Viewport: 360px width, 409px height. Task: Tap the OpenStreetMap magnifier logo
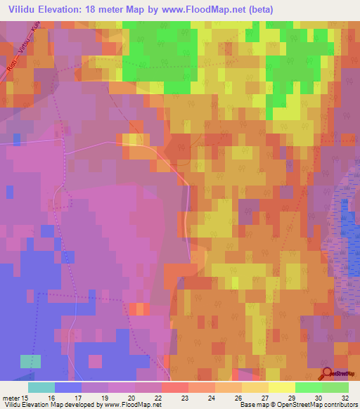pos(327,374)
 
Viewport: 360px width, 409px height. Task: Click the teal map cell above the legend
pos(30,361)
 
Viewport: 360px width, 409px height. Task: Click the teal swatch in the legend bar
pos(41,387)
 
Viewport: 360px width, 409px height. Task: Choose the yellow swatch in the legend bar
pos(282,387)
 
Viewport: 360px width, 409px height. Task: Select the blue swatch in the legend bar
pos(68,387)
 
